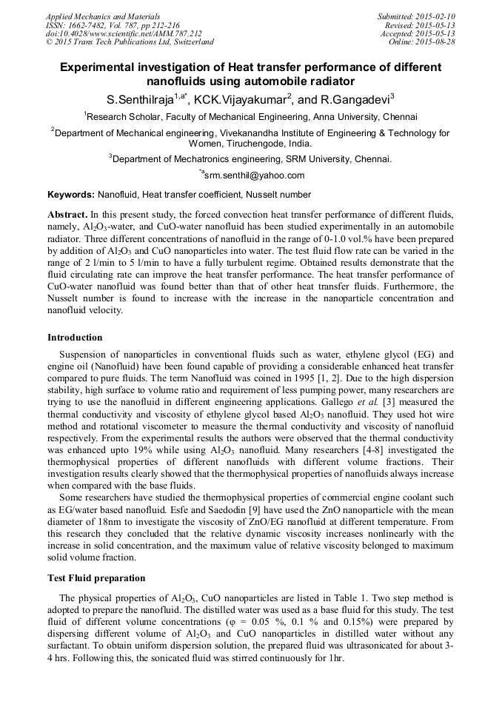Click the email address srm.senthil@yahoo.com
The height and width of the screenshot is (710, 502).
point(254,175)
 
